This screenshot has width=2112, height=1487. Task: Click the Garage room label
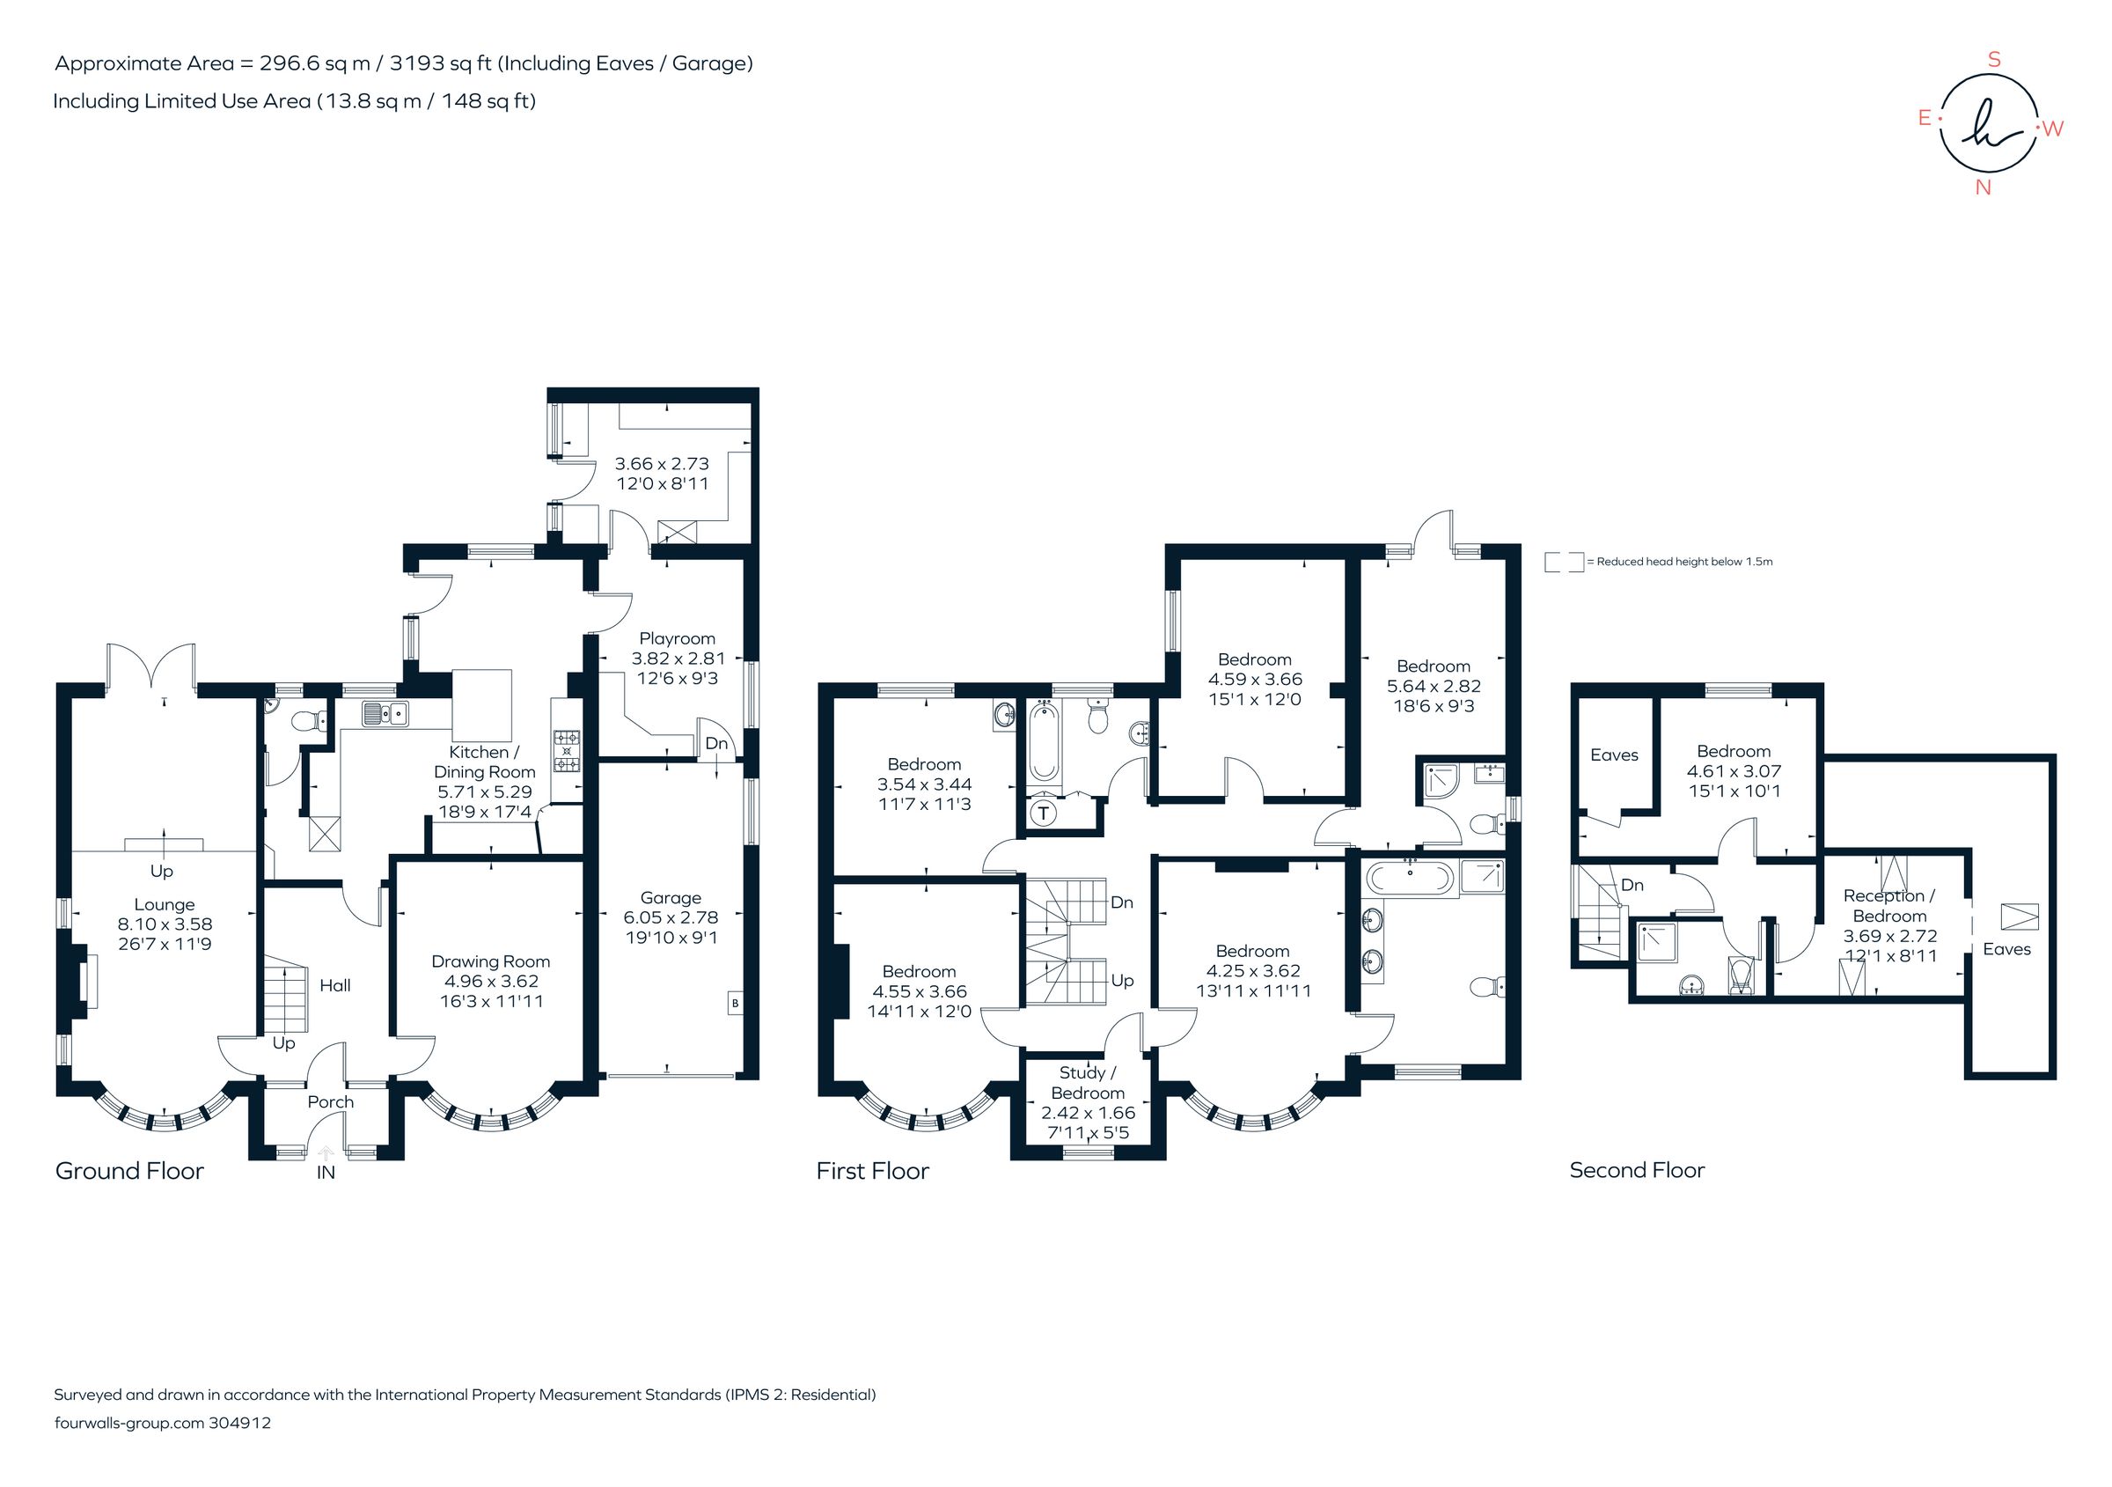coord(671,897)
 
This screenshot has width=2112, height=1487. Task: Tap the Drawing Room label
coord(490,961)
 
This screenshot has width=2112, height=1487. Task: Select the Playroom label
coord(677,638)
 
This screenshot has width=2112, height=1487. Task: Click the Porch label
coord(330,1101)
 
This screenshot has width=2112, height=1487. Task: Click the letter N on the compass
coord(1984,188)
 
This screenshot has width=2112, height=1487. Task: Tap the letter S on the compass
coord(1994,60)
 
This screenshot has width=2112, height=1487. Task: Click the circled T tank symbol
coord(1043,813)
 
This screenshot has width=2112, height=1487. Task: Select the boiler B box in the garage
coord(734,1003)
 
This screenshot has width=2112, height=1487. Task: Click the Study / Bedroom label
coord(1088,1083)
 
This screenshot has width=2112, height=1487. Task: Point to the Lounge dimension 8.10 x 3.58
coord(165,924)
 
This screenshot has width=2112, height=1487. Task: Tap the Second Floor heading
coord(1637,1170)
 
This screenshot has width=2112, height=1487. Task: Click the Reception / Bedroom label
coord(1889,905)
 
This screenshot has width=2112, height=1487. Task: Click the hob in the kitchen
coord(566,751)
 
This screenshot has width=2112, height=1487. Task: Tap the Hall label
coord(334,985)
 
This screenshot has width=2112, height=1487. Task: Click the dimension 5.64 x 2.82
coord(1434,686)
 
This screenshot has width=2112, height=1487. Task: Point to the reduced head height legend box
coord(1564,562)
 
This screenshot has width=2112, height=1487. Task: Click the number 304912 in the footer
coord(240,1423)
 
